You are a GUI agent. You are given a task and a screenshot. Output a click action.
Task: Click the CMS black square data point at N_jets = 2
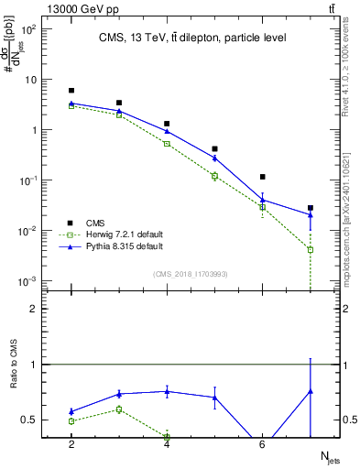71,91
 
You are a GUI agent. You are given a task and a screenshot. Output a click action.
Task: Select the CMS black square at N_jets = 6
263,177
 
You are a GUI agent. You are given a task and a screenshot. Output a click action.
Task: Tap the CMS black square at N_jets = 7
311,208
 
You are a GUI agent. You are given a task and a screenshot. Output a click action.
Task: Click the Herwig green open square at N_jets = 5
214,176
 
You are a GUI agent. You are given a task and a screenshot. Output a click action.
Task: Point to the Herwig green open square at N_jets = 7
311,249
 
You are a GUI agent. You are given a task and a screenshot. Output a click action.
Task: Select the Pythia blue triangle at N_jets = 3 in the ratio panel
119,394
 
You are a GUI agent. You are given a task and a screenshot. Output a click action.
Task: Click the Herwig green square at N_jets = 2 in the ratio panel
71,421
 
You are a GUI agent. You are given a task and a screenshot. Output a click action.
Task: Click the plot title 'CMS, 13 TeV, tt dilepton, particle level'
192,38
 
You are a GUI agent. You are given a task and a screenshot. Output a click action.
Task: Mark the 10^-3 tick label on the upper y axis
29,281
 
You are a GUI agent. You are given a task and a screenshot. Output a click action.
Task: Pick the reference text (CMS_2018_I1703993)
191,274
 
